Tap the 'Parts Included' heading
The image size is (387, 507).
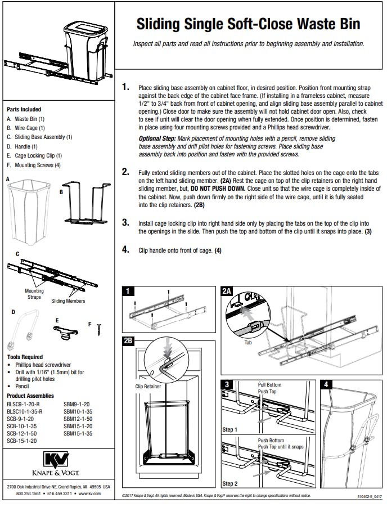pyautogui.click(x=24, y=109)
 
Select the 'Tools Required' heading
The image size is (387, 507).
pyautogui.click(x=25, y=357)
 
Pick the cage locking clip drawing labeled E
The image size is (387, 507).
pyautogui.click(x=66, y=333)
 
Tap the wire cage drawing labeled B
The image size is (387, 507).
pyautogui.click(x=84, y=203)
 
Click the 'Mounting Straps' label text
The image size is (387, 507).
pyautogui.click(x=34, y=294)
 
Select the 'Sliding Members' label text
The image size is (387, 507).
pyautogui.click(x=68, y=301)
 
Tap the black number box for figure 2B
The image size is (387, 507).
pyautogui.click(x=128, y=340)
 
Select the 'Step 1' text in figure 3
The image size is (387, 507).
pyautogui.click(x=231, y=430)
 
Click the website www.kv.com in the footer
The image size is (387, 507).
pyautogui.click(x=89, y=493)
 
